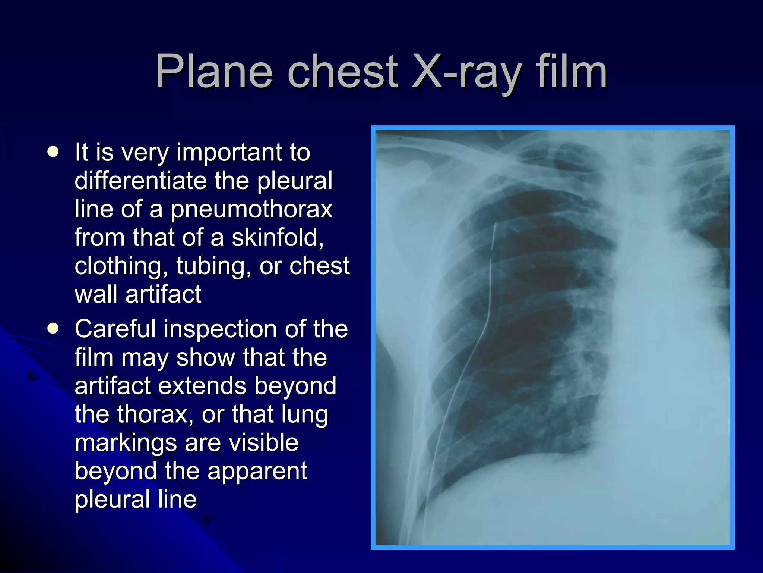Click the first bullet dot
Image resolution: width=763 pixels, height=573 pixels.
[x=53, y=152]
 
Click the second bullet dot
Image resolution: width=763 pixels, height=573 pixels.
[x=53, y=328]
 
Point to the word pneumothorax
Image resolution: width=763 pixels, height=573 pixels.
[x=251, y=209]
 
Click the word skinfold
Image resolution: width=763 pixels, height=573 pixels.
[x=278, y=237]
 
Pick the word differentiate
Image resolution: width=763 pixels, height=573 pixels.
[x=141, y=181]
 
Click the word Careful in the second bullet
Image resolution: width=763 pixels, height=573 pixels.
[x=115, y=329]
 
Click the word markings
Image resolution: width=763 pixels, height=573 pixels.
[x=126, y=442]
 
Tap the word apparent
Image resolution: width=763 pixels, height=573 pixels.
[x=257, y=471]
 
